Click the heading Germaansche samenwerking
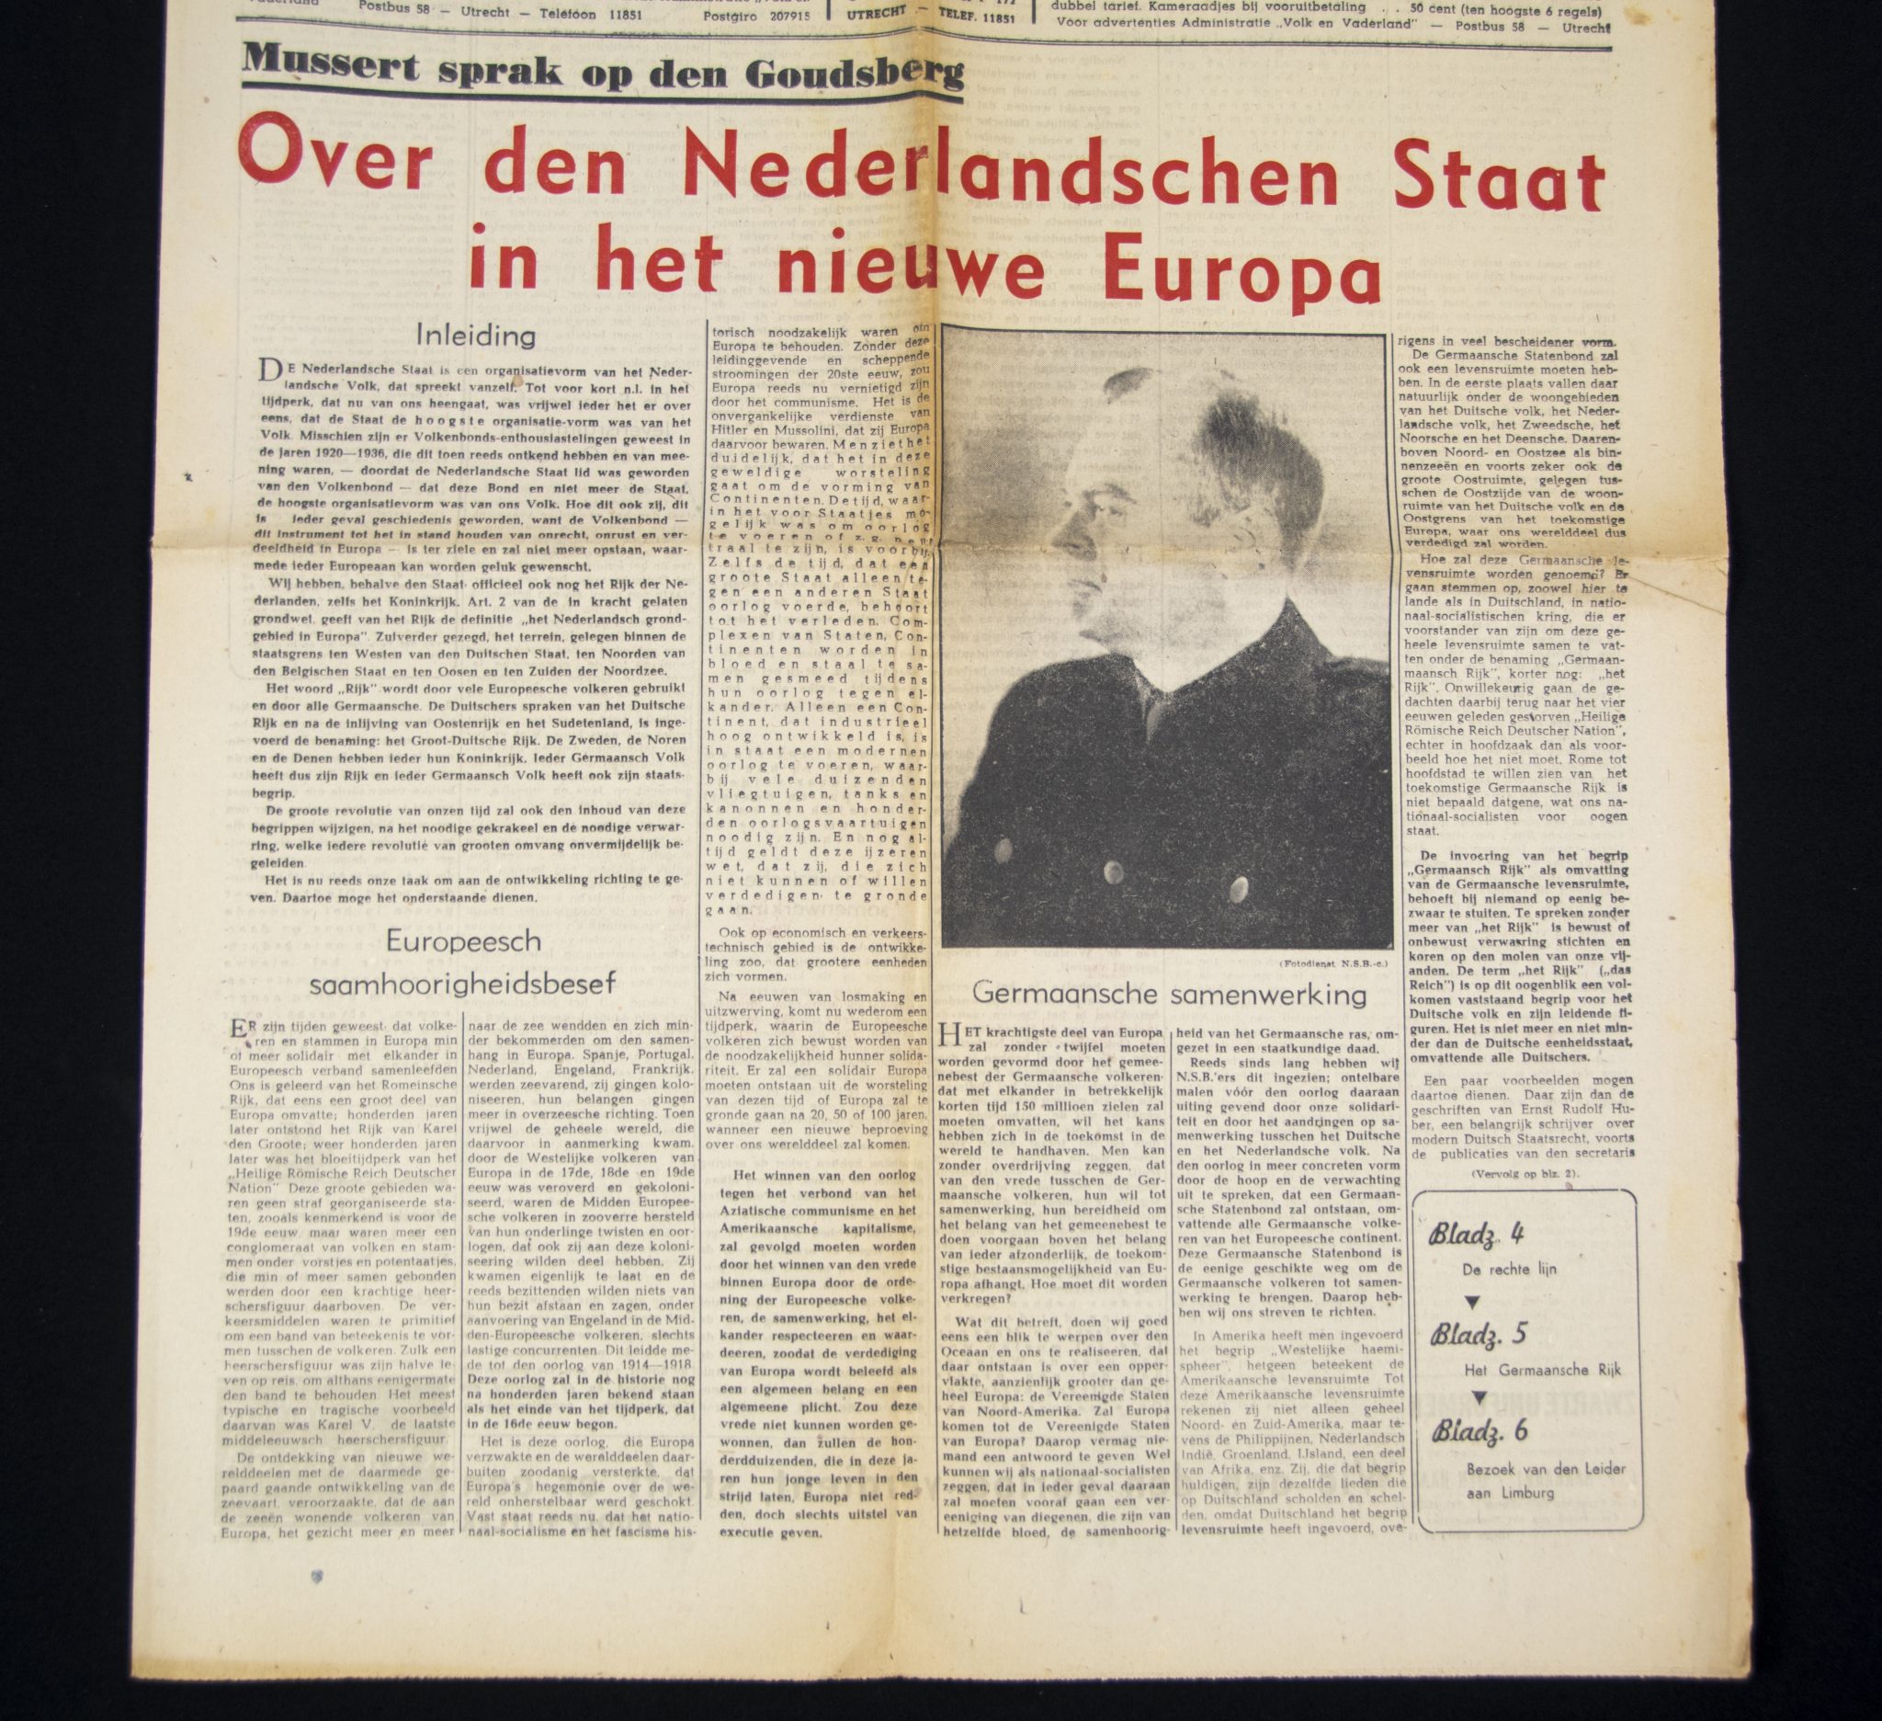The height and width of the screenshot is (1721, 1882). point(1169,994)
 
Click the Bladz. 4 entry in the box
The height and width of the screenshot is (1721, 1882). point(1476,1235)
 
